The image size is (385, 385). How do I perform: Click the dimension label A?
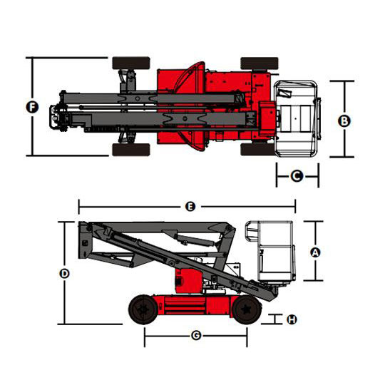click(315, 252)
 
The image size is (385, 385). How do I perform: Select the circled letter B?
click(344, 120)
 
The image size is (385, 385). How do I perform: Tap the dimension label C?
click(297, 176)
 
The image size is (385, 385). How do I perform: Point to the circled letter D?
click(65, 273)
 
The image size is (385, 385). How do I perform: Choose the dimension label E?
click(190, 207)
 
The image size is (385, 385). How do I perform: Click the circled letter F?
click(32, 107)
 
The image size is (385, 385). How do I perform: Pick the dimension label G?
click(196, 335)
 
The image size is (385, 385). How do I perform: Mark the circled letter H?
click(292, 319)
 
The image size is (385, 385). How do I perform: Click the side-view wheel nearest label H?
click(246, 309)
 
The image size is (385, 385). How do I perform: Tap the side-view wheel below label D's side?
click(143, 309)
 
